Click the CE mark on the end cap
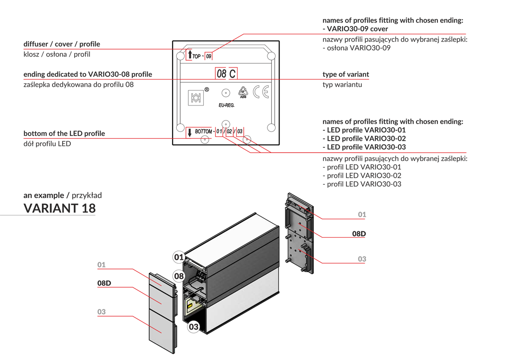[261, 92]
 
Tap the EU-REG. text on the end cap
[226, 105]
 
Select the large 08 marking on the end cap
[222, 74]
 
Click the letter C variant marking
[232, 74]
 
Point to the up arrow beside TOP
[190, 54]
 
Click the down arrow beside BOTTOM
[190, 133]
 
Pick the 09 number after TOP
[209, 56]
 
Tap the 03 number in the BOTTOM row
[239, 131]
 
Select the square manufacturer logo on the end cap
[196, 98]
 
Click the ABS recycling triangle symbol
[243, 92]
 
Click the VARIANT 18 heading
[59, 208]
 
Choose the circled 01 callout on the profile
[179, 257]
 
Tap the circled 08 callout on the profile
[179, 276]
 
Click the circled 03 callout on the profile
[194, 327]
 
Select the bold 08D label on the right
[359, 234]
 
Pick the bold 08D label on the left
[104, 283]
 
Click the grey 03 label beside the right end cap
[362, 259]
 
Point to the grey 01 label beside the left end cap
[101, 265]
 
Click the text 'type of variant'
[345, 74]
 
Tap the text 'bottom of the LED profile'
[64, 133]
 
